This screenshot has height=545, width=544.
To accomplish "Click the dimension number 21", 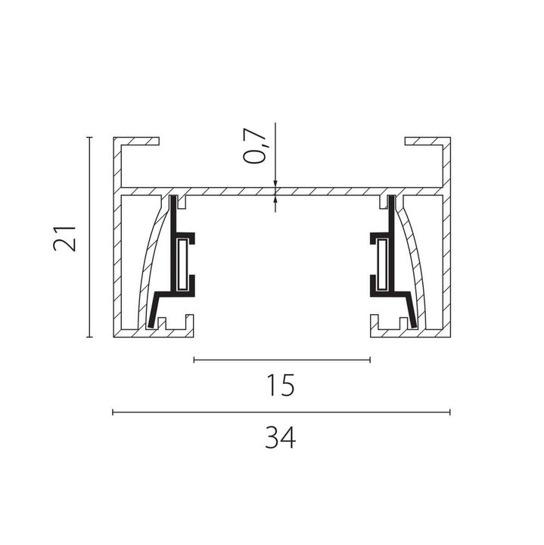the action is pos(64,238).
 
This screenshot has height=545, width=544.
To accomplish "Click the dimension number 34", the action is pos(281,438).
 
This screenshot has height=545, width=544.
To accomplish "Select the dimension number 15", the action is pos(281,385).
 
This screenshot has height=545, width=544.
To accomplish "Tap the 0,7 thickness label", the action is pos(255,145).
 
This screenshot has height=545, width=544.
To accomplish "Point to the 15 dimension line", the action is pos(281,360).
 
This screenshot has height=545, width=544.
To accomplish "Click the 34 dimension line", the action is pos(281,413).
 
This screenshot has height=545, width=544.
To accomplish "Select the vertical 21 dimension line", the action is pos(90,237).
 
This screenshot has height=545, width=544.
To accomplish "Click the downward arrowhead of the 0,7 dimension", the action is pos(275,184).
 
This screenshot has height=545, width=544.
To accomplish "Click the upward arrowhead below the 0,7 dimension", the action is pos(275,200).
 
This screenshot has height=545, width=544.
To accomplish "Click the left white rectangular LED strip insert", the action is pos(182,264).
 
